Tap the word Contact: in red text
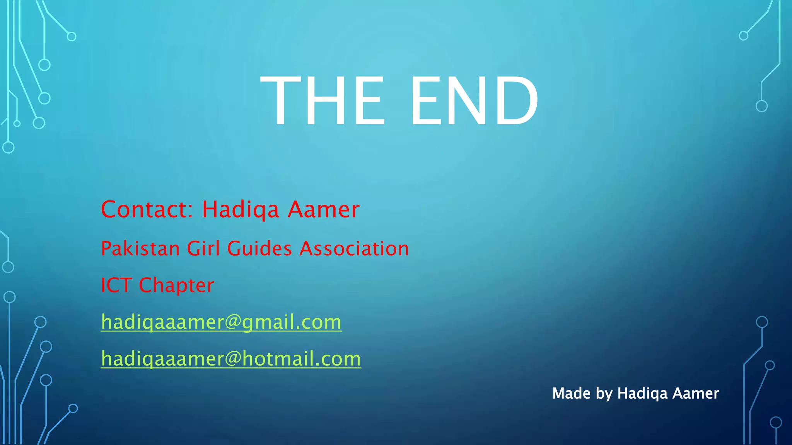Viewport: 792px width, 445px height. point(146,209)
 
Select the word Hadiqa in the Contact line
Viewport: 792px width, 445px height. point(241,210)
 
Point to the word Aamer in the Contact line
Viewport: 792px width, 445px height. point(324,210)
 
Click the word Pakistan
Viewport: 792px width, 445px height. point(140,248)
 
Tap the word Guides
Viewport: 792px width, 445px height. point(259,248)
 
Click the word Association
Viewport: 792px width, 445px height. point(354,248)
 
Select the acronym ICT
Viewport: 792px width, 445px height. point(116,285)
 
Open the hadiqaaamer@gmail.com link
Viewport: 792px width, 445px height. point(221,322)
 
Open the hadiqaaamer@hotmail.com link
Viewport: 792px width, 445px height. point(231,359)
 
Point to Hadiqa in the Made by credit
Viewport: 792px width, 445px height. point(642,394)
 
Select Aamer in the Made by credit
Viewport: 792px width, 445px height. point(696,393)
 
